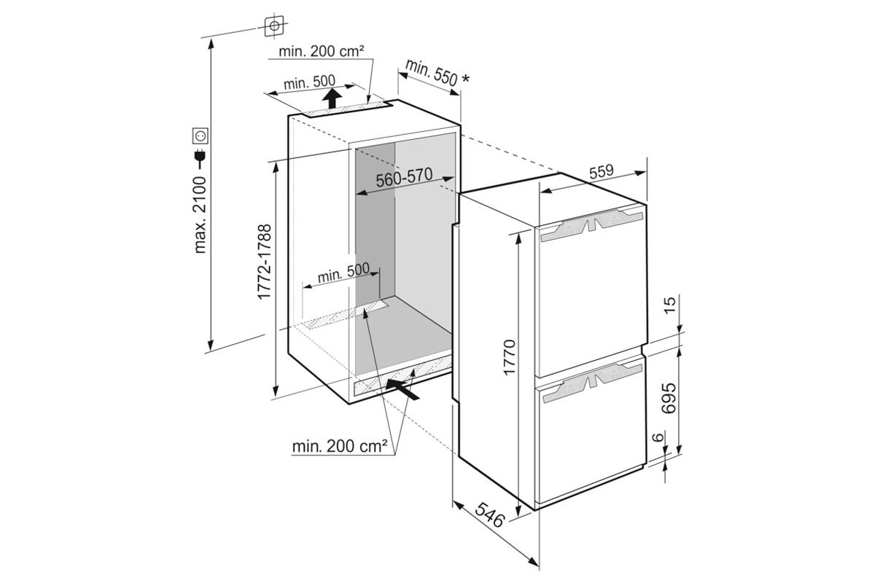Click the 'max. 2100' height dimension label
coord(200,215)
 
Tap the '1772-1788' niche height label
coord(265,262)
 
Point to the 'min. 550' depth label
coord(431,73)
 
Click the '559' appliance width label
coord(601,171)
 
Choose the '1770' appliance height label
coord(510,358)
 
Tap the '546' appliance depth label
coord(490,514)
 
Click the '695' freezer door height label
coord(669,398)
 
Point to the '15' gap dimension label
coord(669,305)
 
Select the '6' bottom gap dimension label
coord(658,437)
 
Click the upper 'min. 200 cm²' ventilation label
coord(322,51)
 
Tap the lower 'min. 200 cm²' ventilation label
coord(340,446)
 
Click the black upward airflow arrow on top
coord(332,98)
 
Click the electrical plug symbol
coord(201,159)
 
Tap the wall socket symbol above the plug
coord(200,136)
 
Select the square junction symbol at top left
coord(274,26)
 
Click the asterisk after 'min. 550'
coord(465,79)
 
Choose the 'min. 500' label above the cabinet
coord(309,82)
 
